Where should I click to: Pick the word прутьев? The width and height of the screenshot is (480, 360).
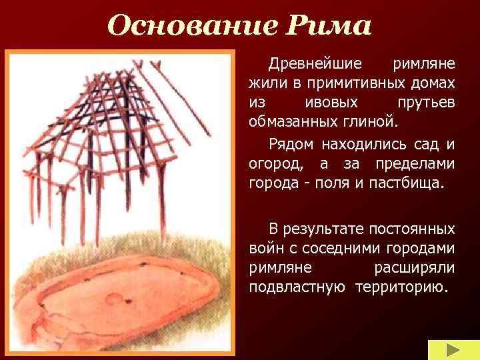tap(427, 104)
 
